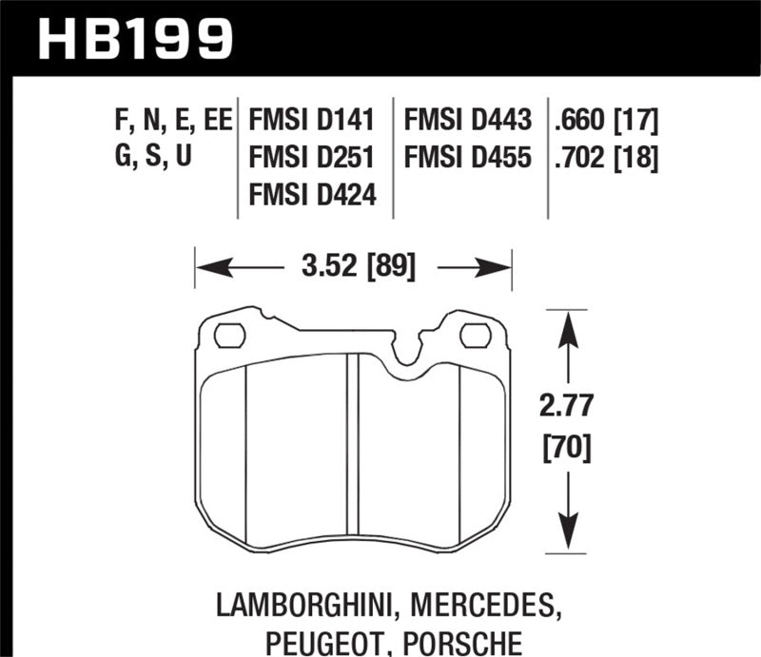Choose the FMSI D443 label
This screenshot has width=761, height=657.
click(468, 121)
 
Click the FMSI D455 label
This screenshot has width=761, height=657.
click(468, 157)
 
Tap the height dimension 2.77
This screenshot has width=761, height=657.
click(569, 407)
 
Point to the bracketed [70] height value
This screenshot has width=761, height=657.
click(569, 445)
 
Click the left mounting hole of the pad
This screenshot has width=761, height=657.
click(229, 335)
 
